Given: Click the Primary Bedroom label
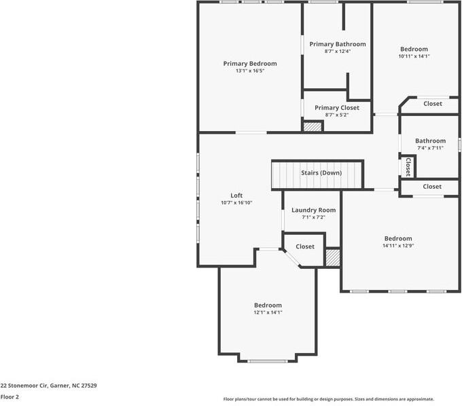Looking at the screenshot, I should click(250, 63).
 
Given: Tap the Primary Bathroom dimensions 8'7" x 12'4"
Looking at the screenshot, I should click(337, 52).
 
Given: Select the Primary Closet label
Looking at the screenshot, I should click(337, 107).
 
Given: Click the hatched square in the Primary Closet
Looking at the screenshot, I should click(312, 126).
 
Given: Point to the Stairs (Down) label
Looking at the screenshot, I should click(321, 172).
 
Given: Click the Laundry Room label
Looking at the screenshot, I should click(313, 210).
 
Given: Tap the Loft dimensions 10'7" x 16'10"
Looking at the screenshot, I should click(236, 202).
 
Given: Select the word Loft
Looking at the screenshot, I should click(236, 195).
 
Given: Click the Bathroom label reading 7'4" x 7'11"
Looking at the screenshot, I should click(430, 147).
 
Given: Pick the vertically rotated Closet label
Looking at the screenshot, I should click(408, 166).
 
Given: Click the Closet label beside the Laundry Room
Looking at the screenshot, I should click(305, 246).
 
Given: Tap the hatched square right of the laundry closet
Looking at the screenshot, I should click(332, 257).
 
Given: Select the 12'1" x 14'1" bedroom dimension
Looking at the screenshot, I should click(268, 312).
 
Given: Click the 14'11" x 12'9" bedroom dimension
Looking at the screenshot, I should click(397, 246).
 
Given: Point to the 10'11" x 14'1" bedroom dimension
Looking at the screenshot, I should click(414, 56).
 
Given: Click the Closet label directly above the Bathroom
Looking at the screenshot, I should click(432, 104).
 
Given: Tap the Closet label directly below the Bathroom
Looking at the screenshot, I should click(431, 186).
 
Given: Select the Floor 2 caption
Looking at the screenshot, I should click(10, 396).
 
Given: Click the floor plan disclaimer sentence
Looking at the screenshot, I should click(328, 399).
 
